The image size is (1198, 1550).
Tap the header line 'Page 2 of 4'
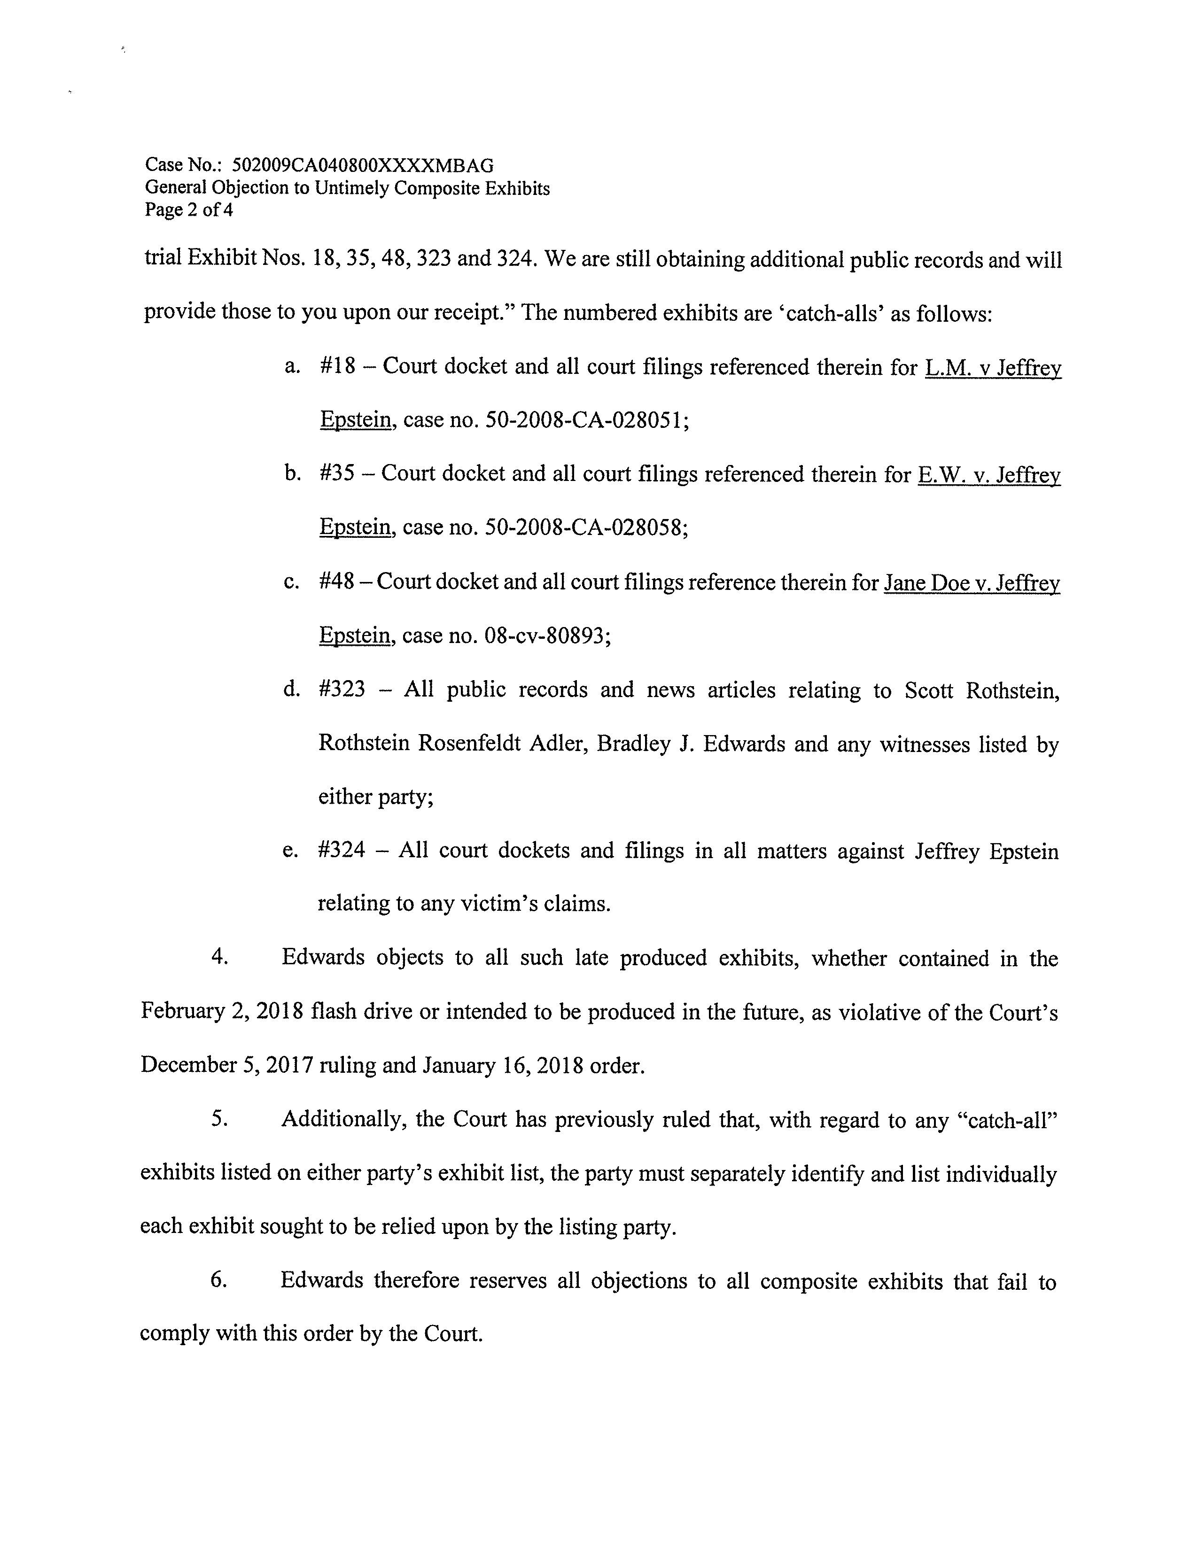[189, 210]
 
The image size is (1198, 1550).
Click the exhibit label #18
[338, 366]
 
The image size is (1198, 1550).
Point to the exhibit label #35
[337, 473]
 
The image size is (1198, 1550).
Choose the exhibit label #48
[336, 581]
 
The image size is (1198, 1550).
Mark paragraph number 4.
[219, 957]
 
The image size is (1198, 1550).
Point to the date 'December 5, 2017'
[226, 1065]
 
